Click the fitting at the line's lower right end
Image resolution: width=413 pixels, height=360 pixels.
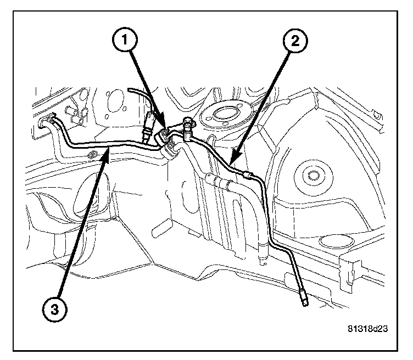[x=304, y=299]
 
